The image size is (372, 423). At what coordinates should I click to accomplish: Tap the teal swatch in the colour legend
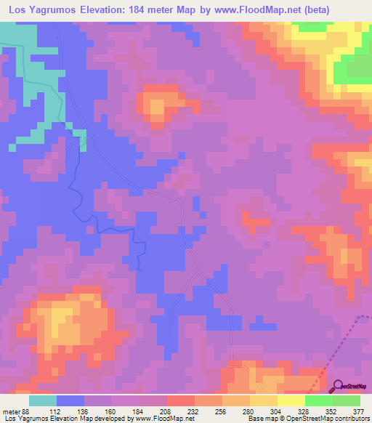(x=43, y=400)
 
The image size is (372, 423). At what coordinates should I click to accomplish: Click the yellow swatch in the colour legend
(x=291, y=400)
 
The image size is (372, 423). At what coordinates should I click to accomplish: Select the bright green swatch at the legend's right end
(x=346, y=400)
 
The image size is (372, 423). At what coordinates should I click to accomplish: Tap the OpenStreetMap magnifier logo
(x=336, y=387)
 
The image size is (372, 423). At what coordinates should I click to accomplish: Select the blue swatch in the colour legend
(x=70, y=400)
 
